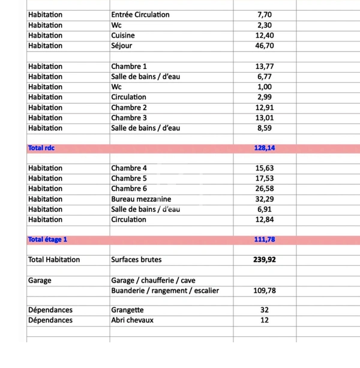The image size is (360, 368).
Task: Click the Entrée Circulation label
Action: click(x=140, y=14)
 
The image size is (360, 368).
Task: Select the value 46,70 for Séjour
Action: click(x=265, y=46)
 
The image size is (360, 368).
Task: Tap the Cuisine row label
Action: click(x=123, y=35)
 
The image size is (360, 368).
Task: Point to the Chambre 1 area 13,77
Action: click(x=265, y=67)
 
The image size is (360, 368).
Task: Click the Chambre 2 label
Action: click(x=129, y=107)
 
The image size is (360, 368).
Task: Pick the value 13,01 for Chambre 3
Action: click(x=265, y=118)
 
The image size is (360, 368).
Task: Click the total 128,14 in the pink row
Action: click(x=265, y=148)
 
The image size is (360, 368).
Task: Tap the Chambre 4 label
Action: click(x=129, y=168)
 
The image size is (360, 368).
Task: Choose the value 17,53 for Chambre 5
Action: click(x=265, y=178)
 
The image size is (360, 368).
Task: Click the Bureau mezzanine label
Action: click(x=141, y=199)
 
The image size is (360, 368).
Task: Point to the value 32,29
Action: click(x=265, y=199)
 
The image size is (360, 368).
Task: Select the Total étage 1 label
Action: click(x=47, y=240)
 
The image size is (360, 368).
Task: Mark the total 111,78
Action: click(x=265, y=240)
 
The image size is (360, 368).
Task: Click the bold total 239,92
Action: click(x=265, y=261)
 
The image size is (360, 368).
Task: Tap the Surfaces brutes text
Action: click(x=136, y=260)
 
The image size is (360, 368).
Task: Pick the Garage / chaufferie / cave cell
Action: click(x=153, y=280)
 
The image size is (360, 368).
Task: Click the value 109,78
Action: click(x=265, y=291)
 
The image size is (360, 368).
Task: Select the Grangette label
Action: click(x=127, y=310)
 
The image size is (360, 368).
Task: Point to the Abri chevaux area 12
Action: click(x=265, y=321)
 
